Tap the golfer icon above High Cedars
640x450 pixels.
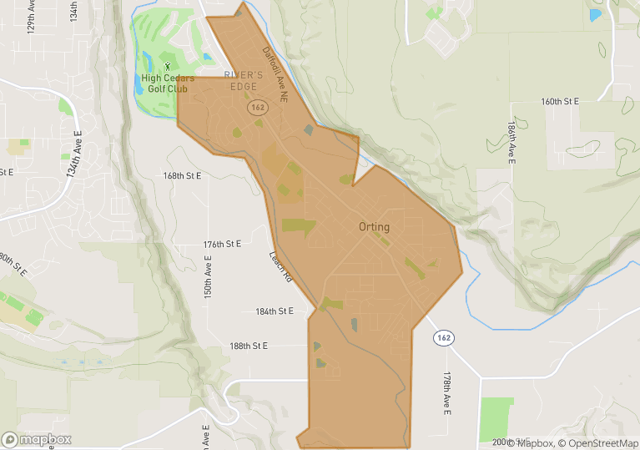coord(167,66)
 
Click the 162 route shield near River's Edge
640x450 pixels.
coord(256,109)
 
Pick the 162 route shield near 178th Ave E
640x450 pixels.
coord(444,337)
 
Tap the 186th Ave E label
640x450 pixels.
coord(511,139)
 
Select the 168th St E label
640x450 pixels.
coord(183,176)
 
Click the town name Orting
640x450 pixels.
coord(374,226)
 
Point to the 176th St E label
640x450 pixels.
coord(222,244)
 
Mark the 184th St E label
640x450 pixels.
coord(275,311)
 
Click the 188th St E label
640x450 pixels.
coord(249,346)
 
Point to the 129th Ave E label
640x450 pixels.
coord(31,15)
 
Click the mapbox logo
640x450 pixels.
coord(37,439)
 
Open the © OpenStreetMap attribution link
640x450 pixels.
coord(598,443)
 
